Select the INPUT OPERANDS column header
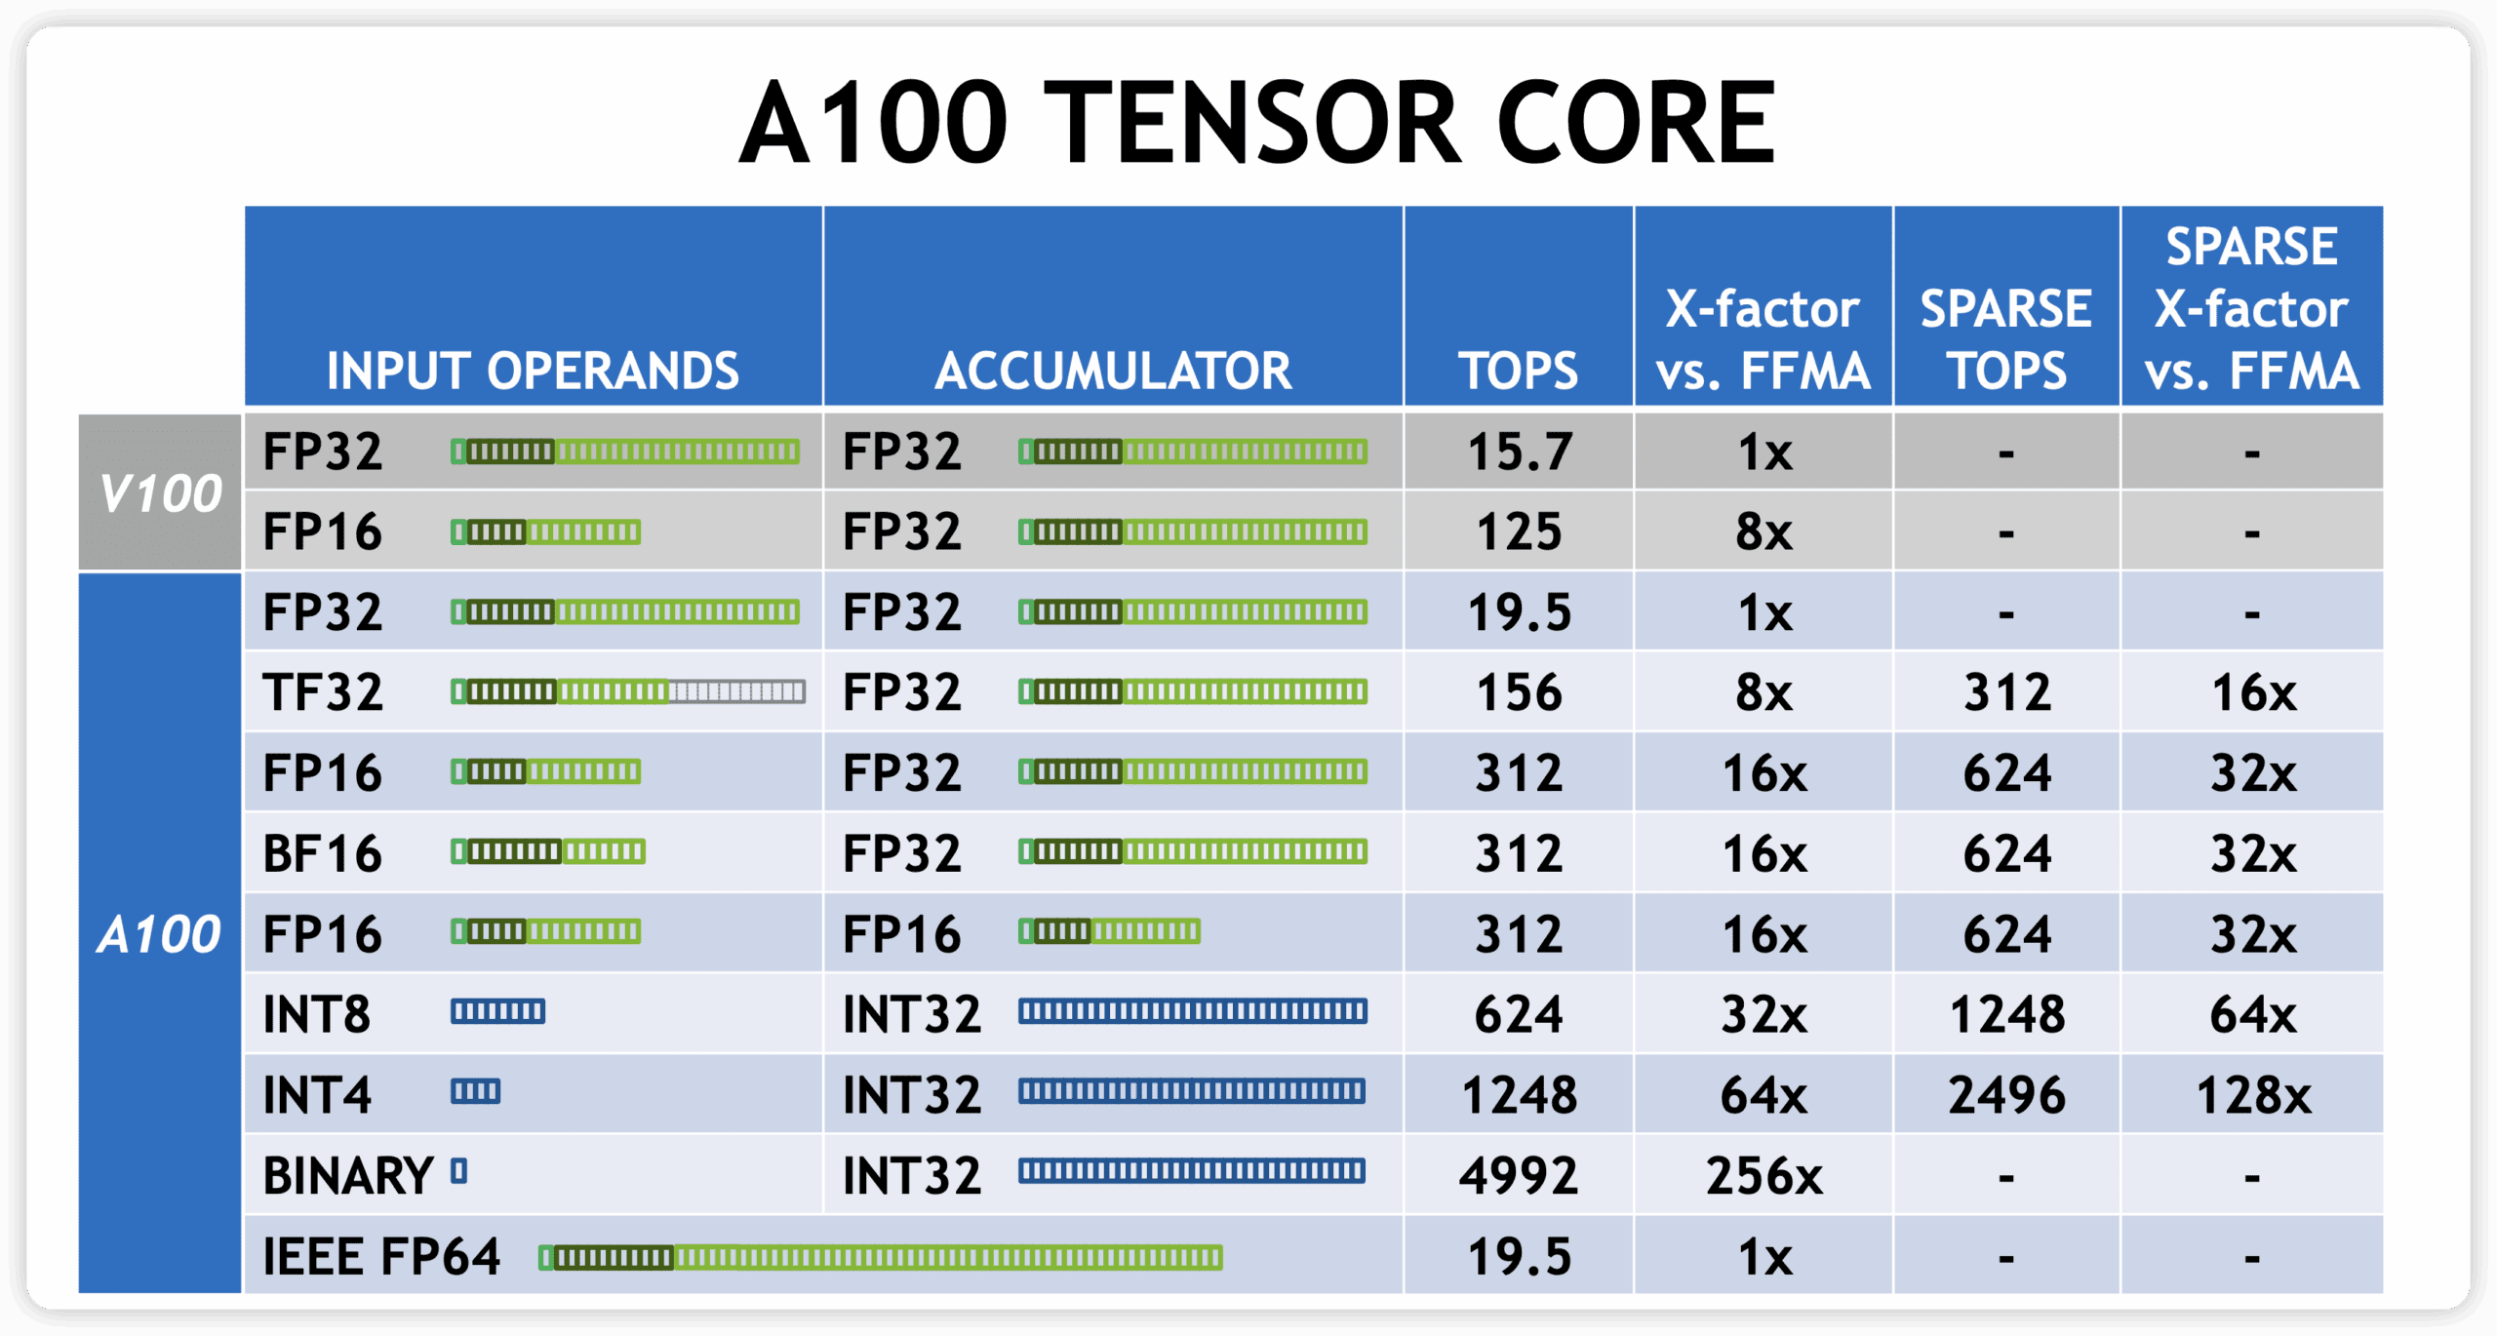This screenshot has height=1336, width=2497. click(x=533, y=371)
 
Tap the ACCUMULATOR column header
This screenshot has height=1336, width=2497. click(x=1113, y=371)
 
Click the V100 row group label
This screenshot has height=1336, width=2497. click(x=161, y=492)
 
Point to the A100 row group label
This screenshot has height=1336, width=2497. click(x=159, y=933)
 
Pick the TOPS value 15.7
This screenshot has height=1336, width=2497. click(x=1520, y=452)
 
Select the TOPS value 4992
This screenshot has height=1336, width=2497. click(x=1519, y=1175)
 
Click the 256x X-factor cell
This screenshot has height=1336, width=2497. click(x=1764, y=1175)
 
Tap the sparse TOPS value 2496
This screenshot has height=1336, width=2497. click(x=2007, y=1094)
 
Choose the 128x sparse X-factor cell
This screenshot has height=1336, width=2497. click(x=2253, y=1094)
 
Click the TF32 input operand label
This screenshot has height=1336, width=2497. click(x=323, y=692)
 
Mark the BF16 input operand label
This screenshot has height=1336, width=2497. click(x=322, y=853)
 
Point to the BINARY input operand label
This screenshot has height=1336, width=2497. click(x=348, y=1175)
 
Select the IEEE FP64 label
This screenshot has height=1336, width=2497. click(x=381, y=1256)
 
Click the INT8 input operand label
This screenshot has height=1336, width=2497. click(x=317, y=1014)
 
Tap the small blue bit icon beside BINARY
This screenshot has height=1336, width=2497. click(x=459, y=1171)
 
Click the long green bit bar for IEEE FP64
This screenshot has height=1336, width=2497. click(x=881, y=1257)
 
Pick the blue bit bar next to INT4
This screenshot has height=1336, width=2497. click(x=475, y=1091)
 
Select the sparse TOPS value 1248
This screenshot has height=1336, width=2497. click(x=2007, y=1014)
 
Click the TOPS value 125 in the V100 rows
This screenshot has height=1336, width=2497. click(x=1519, y=531)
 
